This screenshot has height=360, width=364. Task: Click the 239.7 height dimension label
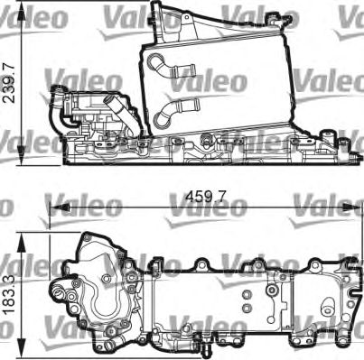(10, 84)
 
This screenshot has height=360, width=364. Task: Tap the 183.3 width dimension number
(10, 295)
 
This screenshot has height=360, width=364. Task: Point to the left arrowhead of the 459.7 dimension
(60, 207)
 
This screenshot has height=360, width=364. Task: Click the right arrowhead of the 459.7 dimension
(350, 207)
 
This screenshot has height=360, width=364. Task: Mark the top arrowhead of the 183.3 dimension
(21, 243)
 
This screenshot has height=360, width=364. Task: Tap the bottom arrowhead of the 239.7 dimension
(21, 156)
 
